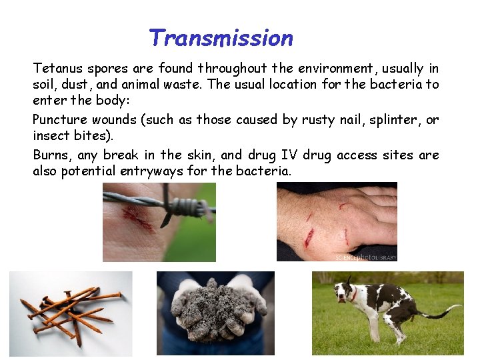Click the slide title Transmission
click(221, 38)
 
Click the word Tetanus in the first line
click(56, 68)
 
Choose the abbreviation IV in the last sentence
click(289, 155)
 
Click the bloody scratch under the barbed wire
click(142, 218)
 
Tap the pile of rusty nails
click(70, 312)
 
